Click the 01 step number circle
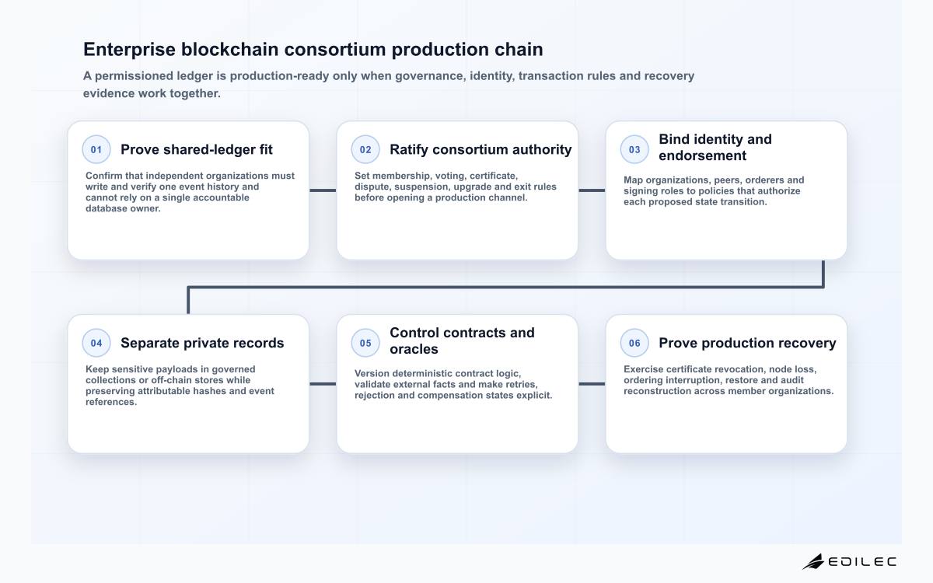click(x=96, y=149)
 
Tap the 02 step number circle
click(x=365, y=149)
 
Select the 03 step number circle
click(x=634, y=149)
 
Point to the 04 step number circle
click(x=96, y=343)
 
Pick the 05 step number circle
click(x=365, y=343)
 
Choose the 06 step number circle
click(x=634, y=343)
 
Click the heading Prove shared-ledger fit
click(x=197, y=149)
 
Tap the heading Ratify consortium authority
click(x=480, y=149)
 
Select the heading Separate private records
click(x=202, y=343)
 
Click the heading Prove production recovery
click(x=747, y=343)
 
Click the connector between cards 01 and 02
click(x=323, y=190)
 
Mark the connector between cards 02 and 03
click(x=592, y=190)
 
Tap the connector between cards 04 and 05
click(x=323, y=384)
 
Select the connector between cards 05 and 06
click(x=592, y=384)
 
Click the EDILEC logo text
click(x=861, y=562)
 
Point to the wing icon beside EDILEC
click(x=813, y=562)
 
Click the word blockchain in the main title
click(x=229, y=49)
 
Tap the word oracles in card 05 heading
click(x=414, y=349)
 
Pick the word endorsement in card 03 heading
click(x=702, y=155)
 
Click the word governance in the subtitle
click(x=430, y=76)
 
